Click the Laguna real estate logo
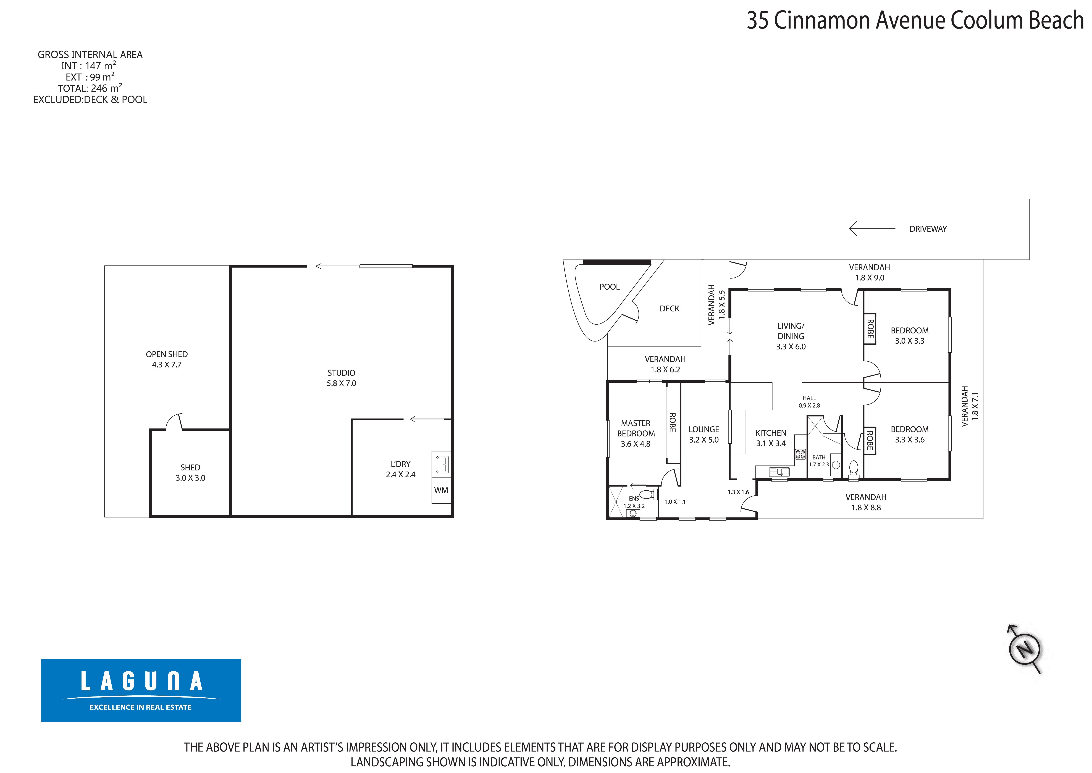pos(141,690)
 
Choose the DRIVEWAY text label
pos(928,229)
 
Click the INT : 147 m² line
pos(89,66)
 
